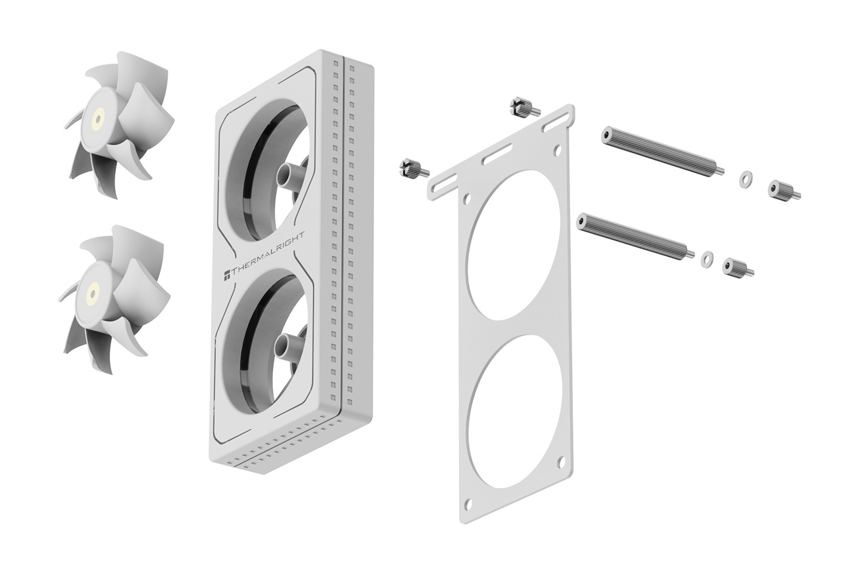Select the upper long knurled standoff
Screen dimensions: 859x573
pyautogui.click(x=662, y=152)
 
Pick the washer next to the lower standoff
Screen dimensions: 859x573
pyautogui.click(x=707, y=259)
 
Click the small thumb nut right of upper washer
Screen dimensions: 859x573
pyautogui.click(x=783, y=191)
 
